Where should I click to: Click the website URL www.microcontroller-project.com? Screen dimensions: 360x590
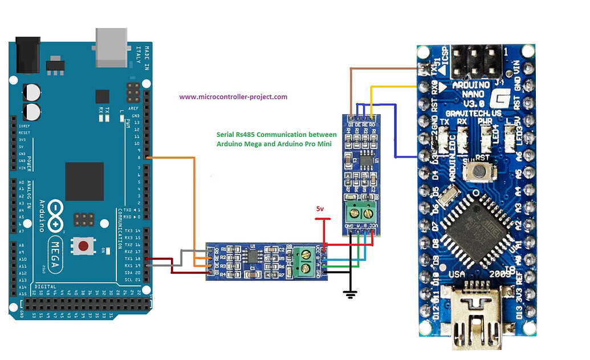pyautogui.click(x=233, y=97)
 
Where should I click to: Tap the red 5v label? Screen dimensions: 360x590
pyautogui.click(x=320, y=209)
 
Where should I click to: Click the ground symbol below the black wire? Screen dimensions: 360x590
pyautogui.click(x=351, y=294)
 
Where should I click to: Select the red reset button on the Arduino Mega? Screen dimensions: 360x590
pyautogui.click(x=84, y=246)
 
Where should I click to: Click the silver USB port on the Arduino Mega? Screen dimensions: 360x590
pyautogui.click(x=112, y=47)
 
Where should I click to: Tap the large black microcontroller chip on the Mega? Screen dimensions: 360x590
pyautogui.click(x=84, y=181)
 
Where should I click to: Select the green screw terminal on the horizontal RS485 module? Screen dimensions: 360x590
pyautogui.click(x=303, y=263)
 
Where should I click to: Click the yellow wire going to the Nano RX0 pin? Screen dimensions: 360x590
pyautogui.click(x=393, y=87)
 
